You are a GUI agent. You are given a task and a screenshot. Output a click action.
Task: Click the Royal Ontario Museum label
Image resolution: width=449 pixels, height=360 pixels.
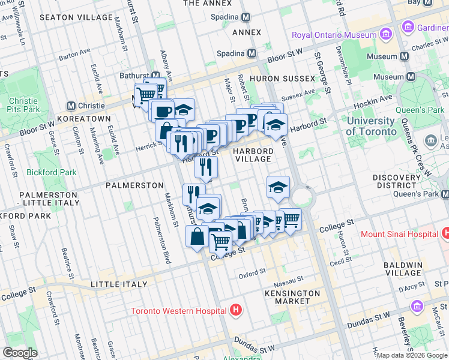tap(334, 35)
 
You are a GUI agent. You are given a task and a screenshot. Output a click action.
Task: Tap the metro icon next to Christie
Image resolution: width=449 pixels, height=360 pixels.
tap(71, 106)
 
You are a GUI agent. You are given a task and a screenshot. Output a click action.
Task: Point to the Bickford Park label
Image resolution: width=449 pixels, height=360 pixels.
tap(52, 172)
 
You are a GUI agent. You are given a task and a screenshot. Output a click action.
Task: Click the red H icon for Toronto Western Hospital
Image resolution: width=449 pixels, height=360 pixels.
tap(237, 310)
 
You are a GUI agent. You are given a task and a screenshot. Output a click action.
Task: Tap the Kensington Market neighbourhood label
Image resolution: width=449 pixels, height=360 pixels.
tap(292, 296)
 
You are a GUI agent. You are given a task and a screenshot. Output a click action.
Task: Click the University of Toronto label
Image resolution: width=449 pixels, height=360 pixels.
tap(370, 126)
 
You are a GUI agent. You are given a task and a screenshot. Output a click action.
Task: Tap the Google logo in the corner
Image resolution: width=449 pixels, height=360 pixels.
tap(20, 353)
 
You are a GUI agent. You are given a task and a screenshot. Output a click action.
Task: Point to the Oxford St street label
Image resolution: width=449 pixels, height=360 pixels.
tap(252, 273)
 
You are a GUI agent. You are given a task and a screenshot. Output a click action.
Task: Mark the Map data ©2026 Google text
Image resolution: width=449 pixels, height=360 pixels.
tap(412, 355)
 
